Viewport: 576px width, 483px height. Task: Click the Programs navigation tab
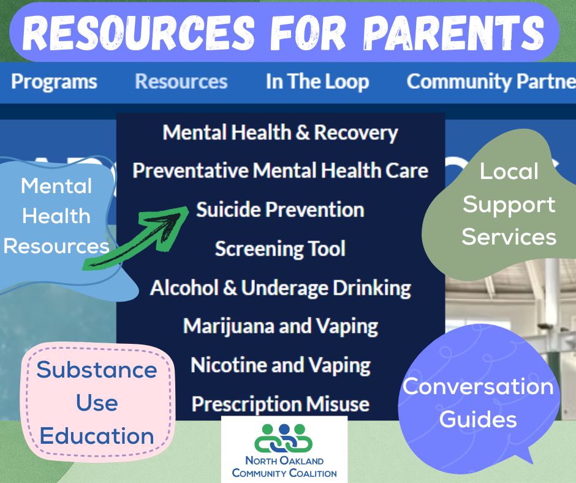(54, 82)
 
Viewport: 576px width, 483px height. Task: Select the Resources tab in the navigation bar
(181, 82)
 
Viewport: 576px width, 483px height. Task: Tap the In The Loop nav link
(317, 82)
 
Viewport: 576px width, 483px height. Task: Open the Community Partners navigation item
(491, 82)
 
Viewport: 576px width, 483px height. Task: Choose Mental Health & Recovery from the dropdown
(280, 132)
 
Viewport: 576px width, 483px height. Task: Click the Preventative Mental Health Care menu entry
(280, 170)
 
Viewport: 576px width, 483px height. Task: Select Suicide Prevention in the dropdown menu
(280, 210)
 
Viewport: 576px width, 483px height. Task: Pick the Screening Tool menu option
(280, 248)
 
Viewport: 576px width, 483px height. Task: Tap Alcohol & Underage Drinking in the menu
(280, 287)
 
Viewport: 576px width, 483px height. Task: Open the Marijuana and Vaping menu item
(280, 325)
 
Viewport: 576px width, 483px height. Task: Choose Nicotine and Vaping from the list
(280, 365)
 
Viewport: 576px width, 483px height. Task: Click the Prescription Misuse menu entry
(280, 404)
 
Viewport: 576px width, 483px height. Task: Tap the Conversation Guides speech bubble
(478, 403)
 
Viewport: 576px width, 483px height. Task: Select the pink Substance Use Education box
(97, 403)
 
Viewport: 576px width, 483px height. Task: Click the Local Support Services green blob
(508, 204)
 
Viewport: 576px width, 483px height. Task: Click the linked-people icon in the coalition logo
(284, 438)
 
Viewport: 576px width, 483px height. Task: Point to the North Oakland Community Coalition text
(284, 466)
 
